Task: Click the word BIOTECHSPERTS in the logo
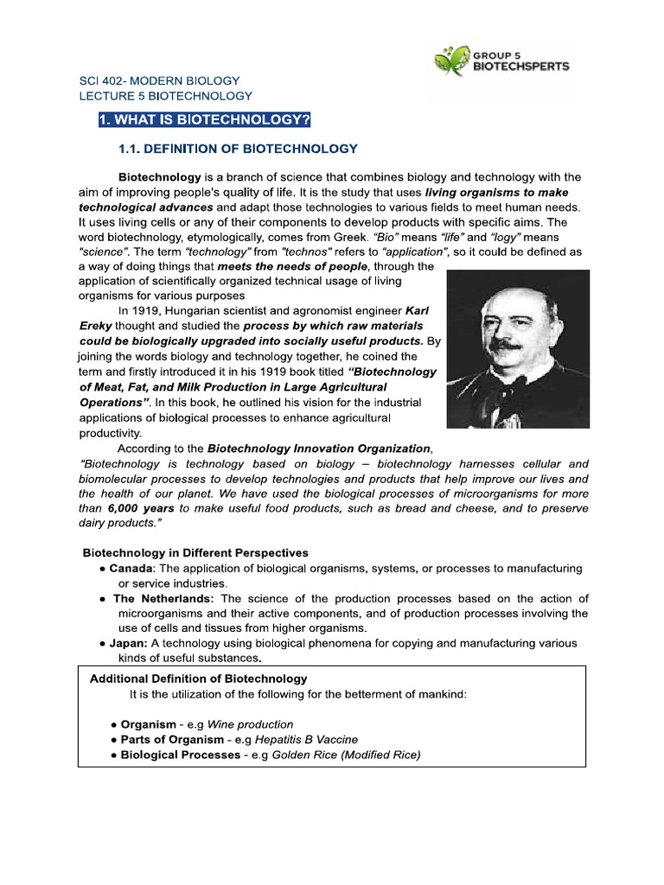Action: pos(520,67)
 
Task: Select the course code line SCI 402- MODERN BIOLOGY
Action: pos(160,80)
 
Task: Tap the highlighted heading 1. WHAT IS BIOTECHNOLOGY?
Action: pos(204,119)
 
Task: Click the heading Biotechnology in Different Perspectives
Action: pos(195,552)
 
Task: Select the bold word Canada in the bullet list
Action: pos(131,568)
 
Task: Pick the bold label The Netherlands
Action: pos(163,598)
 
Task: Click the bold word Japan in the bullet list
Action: pos(128,643)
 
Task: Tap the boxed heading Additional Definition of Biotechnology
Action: pos(198,678)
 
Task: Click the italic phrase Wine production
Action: pos(250,724)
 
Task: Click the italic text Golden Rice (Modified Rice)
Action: pos(346,754)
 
